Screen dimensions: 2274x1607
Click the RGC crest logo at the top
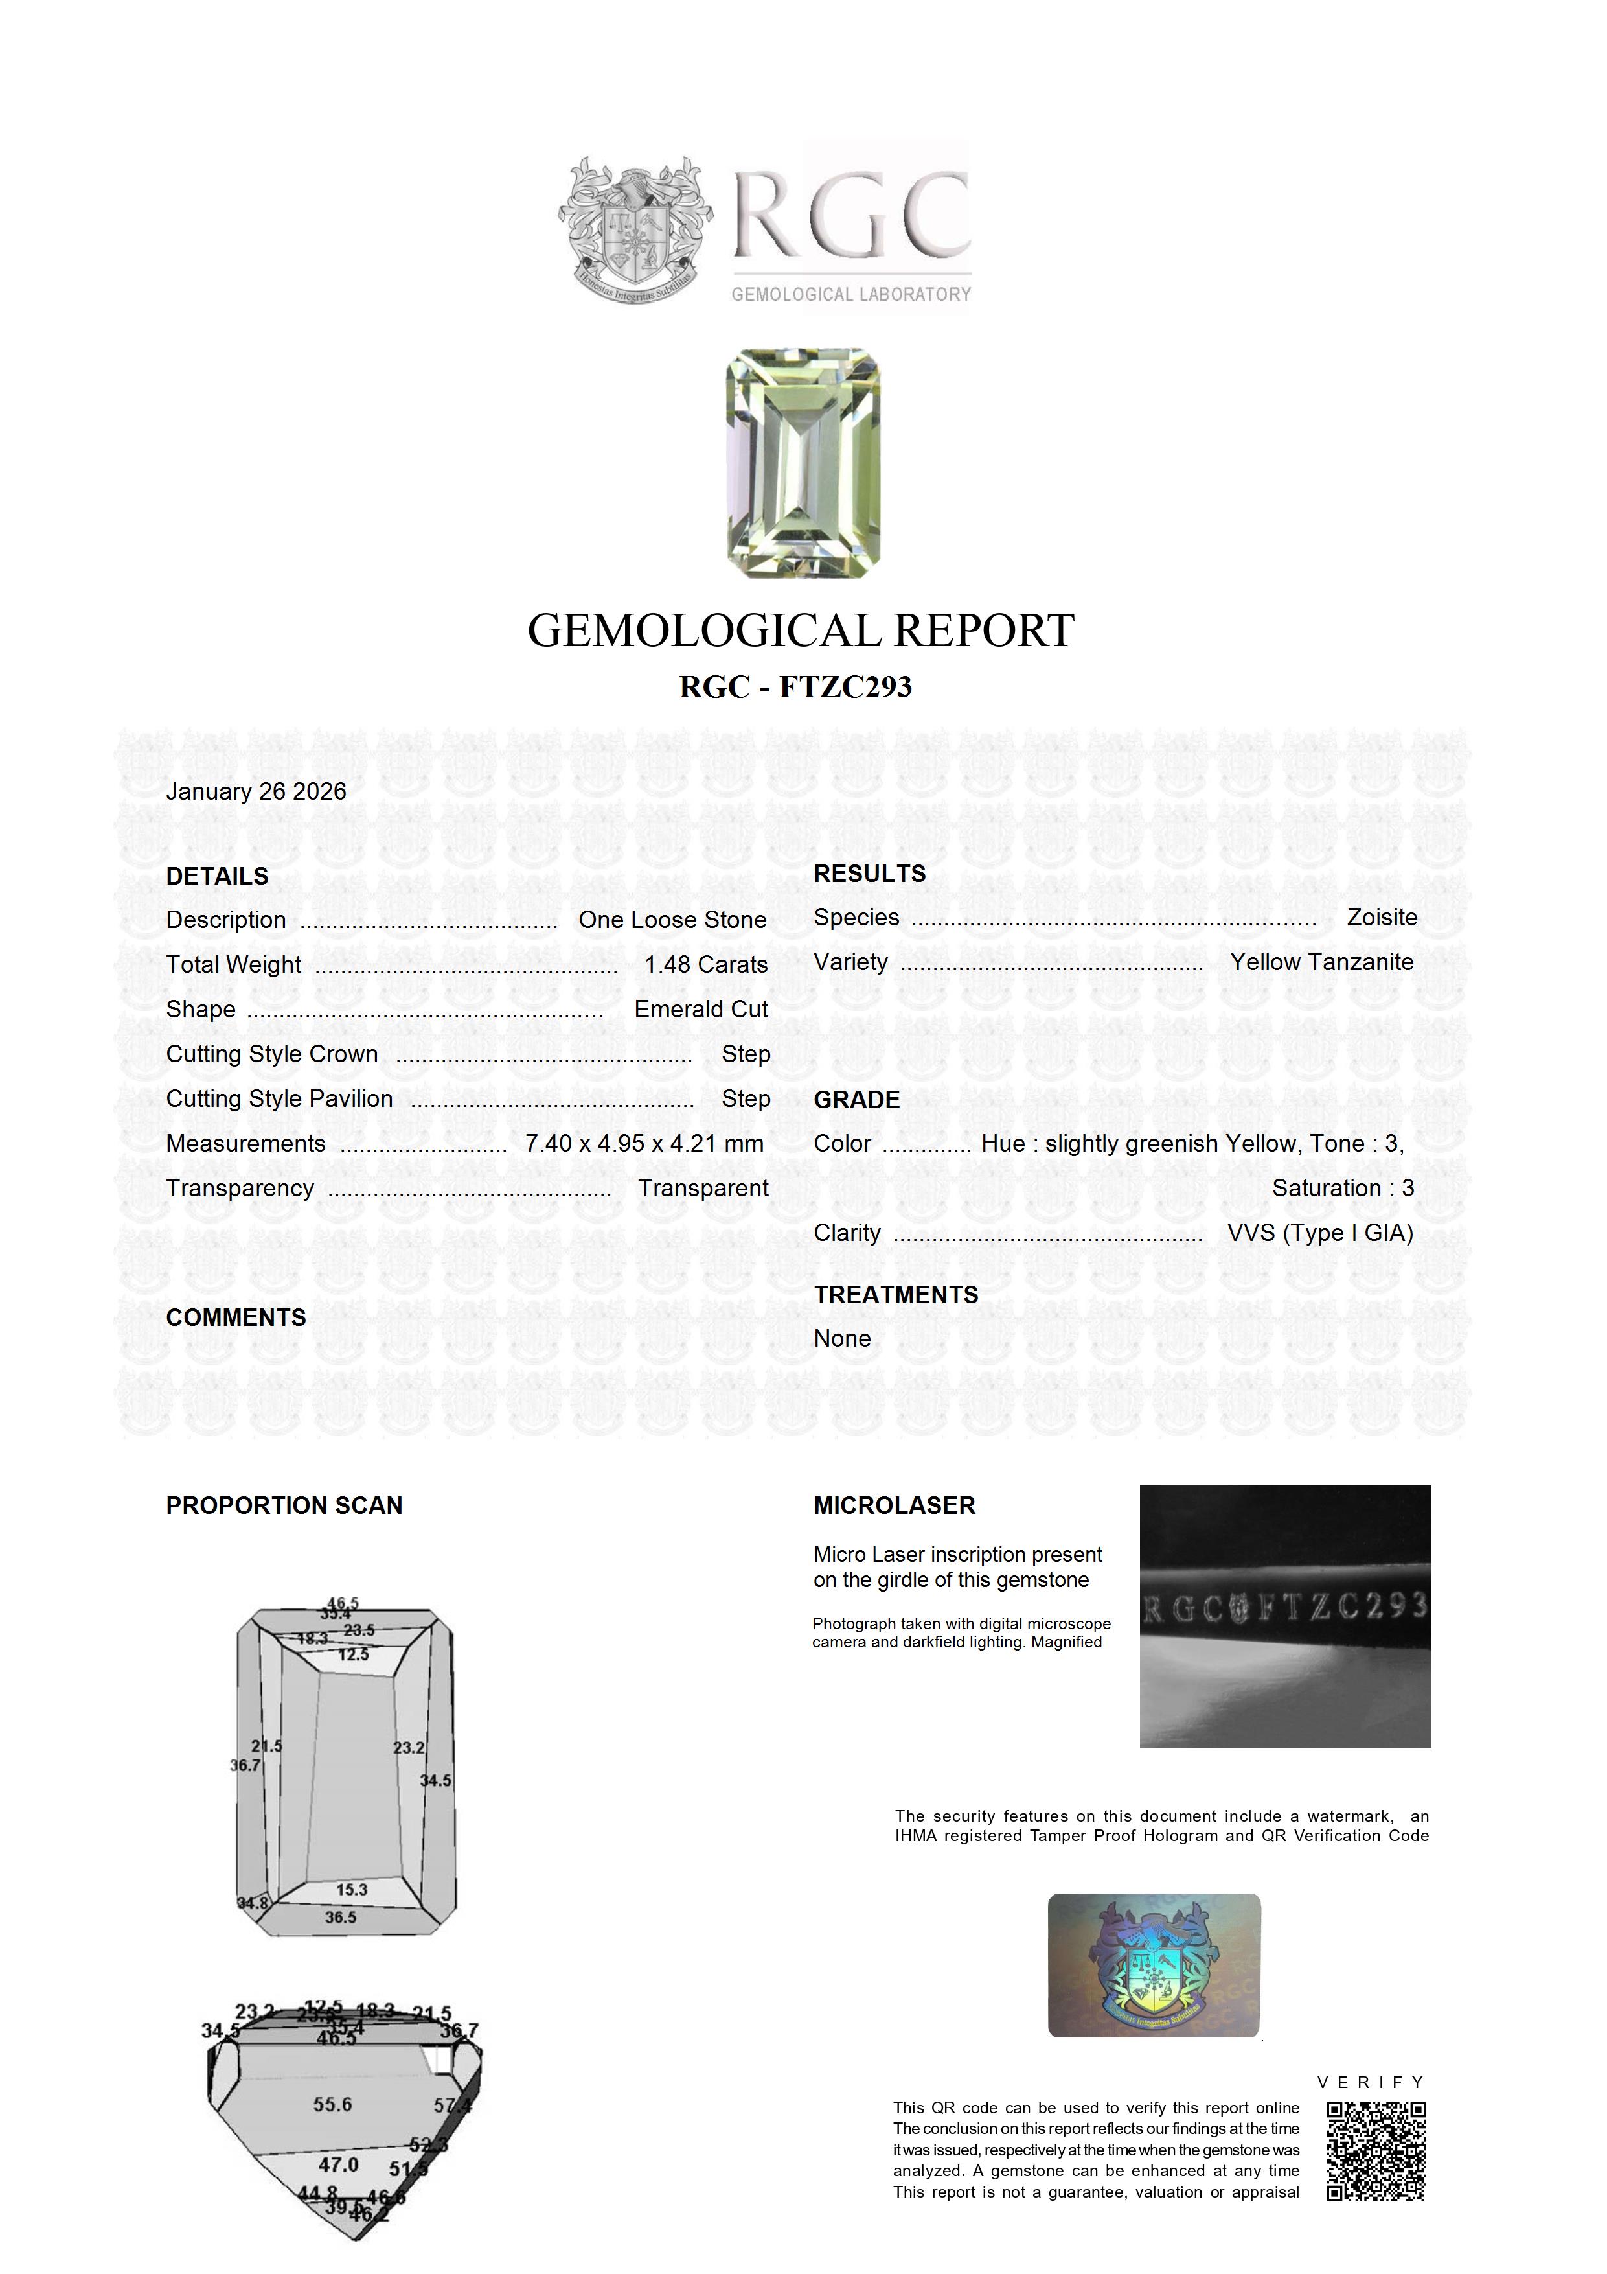[633, 229]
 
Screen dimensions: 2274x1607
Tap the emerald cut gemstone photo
[803, 463]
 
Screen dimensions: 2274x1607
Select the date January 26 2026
[256, 791]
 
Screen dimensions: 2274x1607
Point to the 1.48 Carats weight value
[706, 965]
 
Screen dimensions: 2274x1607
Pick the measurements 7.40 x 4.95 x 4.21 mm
[644, 1143]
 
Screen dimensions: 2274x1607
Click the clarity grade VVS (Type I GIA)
[1320, 1233]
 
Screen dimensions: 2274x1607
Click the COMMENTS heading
[236, 1317]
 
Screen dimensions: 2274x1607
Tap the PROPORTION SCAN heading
[284, 1505]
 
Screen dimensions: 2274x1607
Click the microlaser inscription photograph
[1285, 1616]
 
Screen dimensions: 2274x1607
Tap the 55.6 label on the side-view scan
[333, 2105]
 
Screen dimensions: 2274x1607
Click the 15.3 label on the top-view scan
[352, 1890]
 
